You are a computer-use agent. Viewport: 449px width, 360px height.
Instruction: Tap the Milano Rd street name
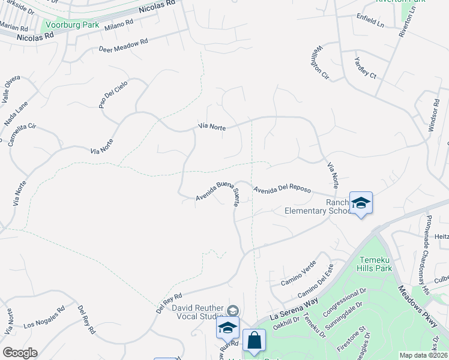[x=118, y=25]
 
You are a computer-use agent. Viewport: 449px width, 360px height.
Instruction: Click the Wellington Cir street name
[x=322, y=62]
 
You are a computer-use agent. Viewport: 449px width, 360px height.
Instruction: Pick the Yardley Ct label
[x=364, y=67]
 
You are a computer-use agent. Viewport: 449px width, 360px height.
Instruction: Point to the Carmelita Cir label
[x=23, y=135]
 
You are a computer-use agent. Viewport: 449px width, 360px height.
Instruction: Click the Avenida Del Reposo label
[x=282, y=190]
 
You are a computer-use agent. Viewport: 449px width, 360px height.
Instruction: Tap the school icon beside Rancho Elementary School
[x=361, y=203]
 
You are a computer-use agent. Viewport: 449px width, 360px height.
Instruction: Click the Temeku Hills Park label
[x=375, y=263]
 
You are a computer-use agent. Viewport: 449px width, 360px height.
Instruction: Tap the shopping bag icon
[x=254, y=340]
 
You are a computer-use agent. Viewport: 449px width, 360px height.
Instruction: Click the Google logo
[x=20, y=353]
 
